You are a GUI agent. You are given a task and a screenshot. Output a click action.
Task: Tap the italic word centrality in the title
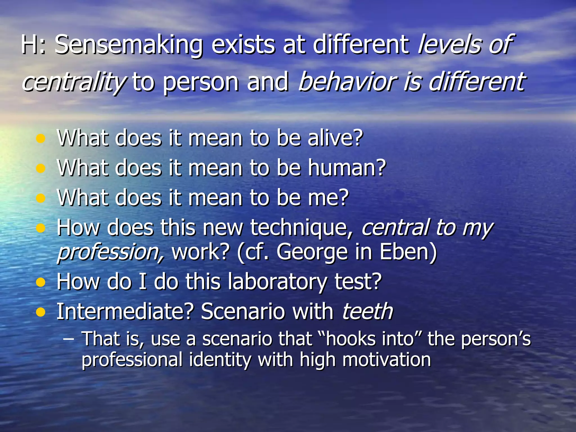point(74,82)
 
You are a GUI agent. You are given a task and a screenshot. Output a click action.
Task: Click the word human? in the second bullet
point(347,168)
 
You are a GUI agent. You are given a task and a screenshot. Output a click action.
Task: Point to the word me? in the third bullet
point(328,198)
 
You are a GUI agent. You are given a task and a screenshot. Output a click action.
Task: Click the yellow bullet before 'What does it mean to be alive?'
point(41,139)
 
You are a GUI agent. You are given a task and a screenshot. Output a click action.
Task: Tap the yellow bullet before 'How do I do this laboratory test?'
point(41,282)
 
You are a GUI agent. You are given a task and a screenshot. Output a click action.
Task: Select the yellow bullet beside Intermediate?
point(41,312)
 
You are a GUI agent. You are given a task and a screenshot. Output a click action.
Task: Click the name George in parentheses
point(312,252)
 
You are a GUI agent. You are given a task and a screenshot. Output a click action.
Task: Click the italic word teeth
point(367,312)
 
